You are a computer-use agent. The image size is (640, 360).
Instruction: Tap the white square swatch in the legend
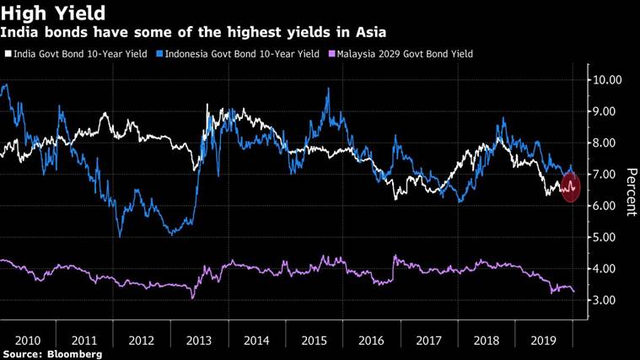pos(8,54)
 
